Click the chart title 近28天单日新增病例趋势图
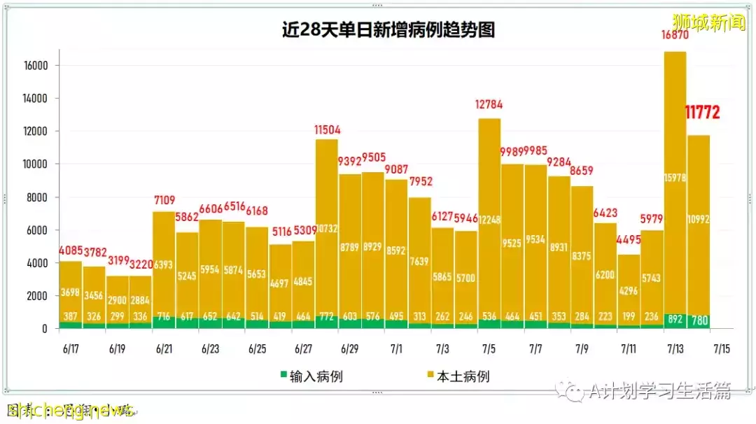pyautogui.click(x=388, y=30)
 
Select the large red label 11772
pyautogui.click(x=701, y=112)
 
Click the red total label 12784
pyautogui.click(x=489, y=105)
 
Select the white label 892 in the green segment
pyautogui.click(x=674, y=320)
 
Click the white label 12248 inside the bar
pyautogui.click(x=489, y=218)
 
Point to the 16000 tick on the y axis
pyautogui.click(x=34, y=66)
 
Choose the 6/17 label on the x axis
pyautogui.click(x=70, y=348)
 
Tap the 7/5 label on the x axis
pyautogui.click(x=489, y=348)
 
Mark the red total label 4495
pyautogui.click(x=629, y=239)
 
